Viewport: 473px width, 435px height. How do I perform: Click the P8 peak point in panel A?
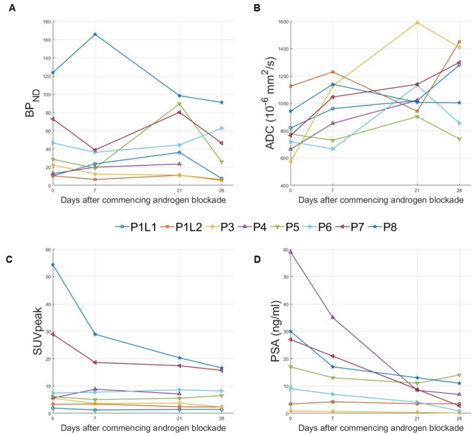click(95, 35)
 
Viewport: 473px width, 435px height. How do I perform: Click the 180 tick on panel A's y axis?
click(46, 22)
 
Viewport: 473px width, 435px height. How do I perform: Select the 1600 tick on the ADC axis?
click(280, 22)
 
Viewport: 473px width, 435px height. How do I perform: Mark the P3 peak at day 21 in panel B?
click(417, 22)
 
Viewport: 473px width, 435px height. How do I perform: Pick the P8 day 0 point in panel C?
click(52, 264)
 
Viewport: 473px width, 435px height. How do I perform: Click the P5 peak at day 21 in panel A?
click(179, 104)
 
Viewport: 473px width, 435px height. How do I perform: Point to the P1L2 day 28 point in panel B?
click(458, 42)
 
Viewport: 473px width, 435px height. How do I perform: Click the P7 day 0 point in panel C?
click(52, 334)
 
